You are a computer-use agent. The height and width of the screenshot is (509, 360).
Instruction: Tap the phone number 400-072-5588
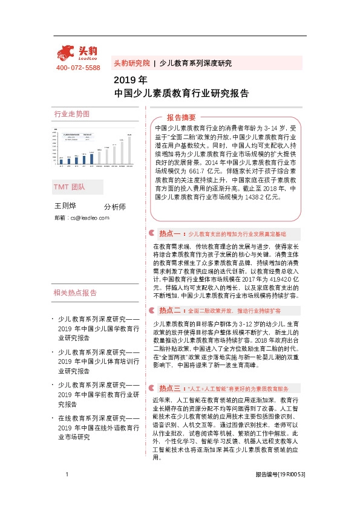tap(77, 68)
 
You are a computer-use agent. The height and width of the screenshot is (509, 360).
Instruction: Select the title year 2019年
tap(130, 80)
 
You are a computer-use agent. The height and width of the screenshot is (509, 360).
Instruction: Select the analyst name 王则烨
tap(65, 206)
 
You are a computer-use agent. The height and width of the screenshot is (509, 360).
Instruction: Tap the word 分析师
tap(115, 207)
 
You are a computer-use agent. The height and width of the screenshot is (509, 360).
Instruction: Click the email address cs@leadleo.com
tap(89, 218)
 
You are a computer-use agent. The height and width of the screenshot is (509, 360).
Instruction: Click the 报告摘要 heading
tap(181, 117)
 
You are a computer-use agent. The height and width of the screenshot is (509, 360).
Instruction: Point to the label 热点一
tap(170, 232)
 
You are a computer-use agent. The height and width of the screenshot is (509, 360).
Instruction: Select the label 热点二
tap(170, 310)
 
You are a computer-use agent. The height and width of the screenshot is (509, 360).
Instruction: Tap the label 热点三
tap(170, 387)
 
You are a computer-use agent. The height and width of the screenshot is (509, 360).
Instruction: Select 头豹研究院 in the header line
tap(131, 63)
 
